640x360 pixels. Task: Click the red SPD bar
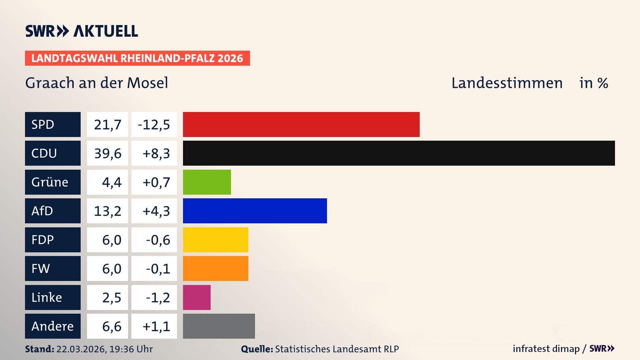pyautogui.click(x=301, y=124)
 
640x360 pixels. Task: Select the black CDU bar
pyautogui.click(x=399, y=153)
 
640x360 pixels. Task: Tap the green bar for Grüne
pyautogui.click(x=207, y=182)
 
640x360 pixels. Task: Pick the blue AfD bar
pyautogui.click(x=255, y=211)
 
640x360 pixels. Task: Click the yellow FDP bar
pyautogui.click(x=215, y=240)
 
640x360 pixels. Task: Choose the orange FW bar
pyautogui.click(x=215, y=268)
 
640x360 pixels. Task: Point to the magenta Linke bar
pyautogui.click(x=197, y=297)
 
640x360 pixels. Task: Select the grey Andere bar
pyautogui.click(x=219, y=326)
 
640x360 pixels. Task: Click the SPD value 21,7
pyautogui.click(x=107, y=125)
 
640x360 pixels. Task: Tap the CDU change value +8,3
pyautogui.click(x=156, y=153)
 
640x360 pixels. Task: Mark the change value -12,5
pyautogui.click(x=154, y=125)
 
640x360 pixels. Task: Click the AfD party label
pyautogui.click(x=42, y=211)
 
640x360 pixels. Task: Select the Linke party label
pyautogui.click(x=47, y=297)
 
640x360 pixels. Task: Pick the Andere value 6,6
pyautogui.click(x=112, y=326)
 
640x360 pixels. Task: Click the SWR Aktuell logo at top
pyautogui.click(x=81, y=31)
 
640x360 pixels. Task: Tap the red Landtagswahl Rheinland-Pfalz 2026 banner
pyautogui.click(x=137, y=58)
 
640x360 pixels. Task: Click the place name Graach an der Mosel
pyautogui.click(x=97, y=83)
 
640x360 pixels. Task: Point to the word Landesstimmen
pyautogui.click(x=507, y=83)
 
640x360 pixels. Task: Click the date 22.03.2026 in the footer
pyautogui.click(x=81, y=349)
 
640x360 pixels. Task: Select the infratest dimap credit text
pyautogui.click(x=546, y=349)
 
